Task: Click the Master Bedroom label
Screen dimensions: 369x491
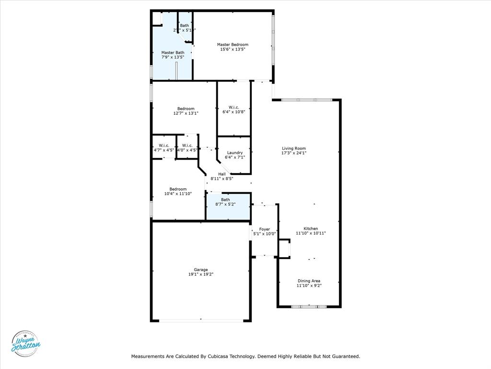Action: (233, 45)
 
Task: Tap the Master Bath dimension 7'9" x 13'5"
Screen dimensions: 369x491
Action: (173, 57)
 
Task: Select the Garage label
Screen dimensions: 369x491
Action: (200, 270)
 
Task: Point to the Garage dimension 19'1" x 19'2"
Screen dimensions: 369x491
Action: (200, 274)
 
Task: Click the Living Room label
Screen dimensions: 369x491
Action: (293, 148)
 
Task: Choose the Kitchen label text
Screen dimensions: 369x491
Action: (311, 229)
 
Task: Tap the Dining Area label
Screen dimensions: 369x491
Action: (309, 281)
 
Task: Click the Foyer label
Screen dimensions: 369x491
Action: (264, 229)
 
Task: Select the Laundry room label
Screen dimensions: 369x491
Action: (234, 153)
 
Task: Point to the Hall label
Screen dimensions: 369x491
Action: (222, 174)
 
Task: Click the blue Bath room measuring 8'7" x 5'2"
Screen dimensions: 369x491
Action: (228, 206)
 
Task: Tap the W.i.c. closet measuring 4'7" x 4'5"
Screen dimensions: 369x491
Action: (164, 148)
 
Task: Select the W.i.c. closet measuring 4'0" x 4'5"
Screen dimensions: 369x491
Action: (187, 148)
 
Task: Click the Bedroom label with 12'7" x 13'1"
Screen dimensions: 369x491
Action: (186, 109)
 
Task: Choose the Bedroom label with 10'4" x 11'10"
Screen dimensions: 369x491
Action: (178, 189)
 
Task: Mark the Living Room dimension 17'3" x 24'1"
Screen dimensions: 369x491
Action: (293, 153)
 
